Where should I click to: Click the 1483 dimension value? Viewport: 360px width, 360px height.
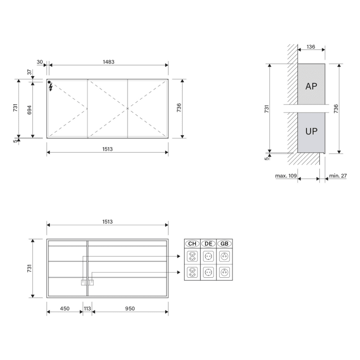[108, 62]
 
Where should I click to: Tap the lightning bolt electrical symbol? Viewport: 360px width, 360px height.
[51, 88]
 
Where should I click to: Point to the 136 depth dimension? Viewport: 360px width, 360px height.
[311, 47]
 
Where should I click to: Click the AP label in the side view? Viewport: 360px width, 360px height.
[311, 86]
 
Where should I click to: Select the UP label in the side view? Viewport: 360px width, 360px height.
[311, 131]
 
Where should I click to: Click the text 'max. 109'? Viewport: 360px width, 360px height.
[286, 176]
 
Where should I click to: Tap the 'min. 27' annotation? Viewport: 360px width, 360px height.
[338, 176]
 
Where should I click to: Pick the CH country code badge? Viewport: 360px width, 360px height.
[192, 244]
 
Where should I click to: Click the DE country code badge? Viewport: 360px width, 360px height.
[208, 244]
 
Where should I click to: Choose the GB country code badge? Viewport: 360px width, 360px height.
[224, 244]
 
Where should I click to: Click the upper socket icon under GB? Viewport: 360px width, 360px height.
[224, 256]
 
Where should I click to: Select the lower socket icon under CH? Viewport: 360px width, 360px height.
[192, 273]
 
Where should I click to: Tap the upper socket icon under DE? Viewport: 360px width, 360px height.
[208, 256]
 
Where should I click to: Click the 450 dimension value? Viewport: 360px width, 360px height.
[65, 309]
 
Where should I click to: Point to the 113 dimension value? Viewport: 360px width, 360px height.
[87, 309]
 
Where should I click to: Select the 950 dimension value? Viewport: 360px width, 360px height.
[130, 309]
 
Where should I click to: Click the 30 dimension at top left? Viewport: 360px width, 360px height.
[40, 62]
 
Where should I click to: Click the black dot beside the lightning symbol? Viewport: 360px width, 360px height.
[49, 82]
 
